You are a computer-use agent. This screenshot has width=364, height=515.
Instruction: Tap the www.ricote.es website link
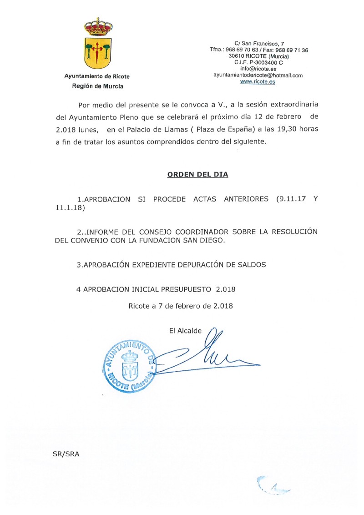(258, 82)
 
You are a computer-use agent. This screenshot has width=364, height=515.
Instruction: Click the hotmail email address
(258, 76)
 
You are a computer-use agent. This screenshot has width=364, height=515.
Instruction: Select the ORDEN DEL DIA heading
(197, 174)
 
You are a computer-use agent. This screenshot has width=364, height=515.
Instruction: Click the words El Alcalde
(185, 331)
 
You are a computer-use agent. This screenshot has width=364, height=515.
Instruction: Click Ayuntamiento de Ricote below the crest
(97, 77)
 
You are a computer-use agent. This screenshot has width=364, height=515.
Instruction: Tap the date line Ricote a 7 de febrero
(181, 306)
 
